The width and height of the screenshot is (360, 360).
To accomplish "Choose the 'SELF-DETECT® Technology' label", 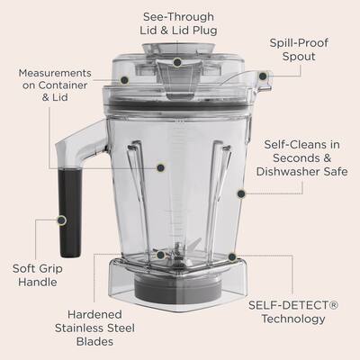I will (294, 312).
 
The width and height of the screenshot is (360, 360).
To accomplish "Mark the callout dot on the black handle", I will (61, 218).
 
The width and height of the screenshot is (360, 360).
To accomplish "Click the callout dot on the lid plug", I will (177, 62).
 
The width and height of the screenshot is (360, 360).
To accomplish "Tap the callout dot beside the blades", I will (160, 255).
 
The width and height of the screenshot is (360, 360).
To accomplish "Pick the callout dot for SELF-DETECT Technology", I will (231, 256).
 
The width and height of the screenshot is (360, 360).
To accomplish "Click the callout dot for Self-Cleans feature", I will (239, 192).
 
